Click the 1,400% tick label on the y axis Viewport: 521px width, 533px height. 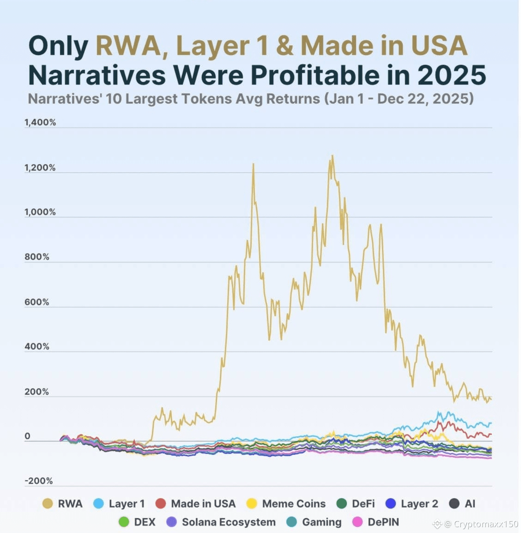pyautogui.click(x=40, y=122)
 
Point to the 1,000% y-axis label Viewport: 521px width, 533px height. pyautogui.click(x=40, y=212)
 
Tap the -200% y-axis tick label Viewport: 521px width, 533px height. pyautogui.click(x=38, y=481)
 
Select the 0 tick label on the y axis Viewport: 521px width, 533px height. pyautogui.click(x=27, y=436)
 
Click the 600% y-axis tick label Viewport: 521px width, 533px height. pyautogui.click(x=37, y=302)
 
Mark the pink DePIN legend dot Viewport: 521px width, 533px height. pyautogui.click(x=357, y=522)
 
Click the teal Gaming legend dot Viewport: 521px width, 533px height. pyautogui.click(x=291, y=522)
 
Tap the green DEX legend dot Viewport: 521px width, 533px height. pyautogui.click(x=124, y=522)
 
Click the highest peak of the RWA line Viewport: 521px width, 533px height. pyautogui.click(x=332, y=156)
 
